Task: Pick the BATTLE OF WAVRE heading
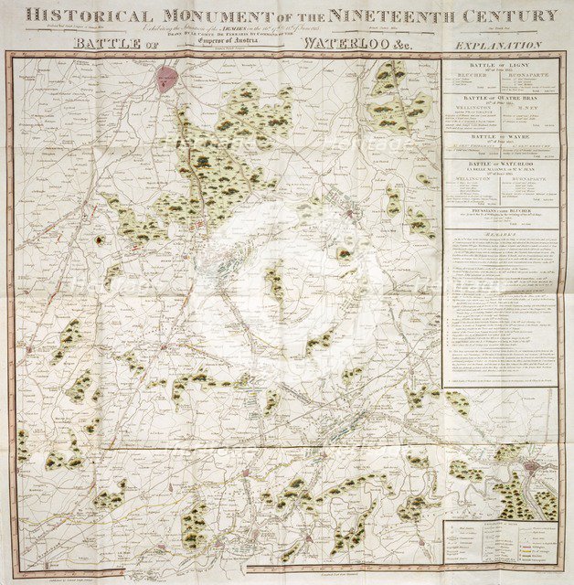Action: pos(498,134)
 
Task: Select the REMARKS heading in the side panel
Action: pos(498,234)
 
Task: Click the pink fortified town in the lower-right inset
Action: pos(530,467)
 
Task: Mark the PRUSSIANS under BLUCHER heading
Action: pos(498,209)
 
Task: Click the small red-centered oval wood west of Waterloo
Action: pos(99,239)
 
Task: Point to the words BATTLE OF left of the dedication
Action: pos(116,43)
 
